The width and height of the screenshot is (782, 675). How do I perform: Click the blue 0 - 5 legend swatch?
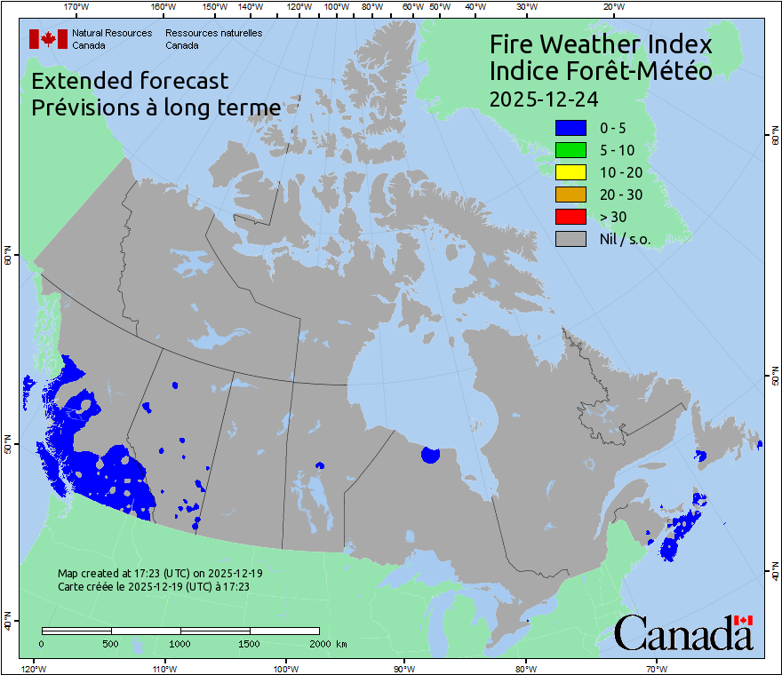coord(570,129)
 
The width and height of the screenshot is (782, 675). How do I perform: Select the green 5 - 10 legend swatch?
coord(570,150)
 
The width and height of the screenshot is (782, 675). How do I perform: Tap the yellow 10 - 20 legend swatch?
coord(570,172)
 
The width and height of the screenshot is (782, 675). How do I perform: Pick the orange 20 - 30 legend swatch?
coord(570,195)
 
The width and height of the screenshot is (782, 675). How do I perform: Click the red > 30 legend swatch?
coord(570,216)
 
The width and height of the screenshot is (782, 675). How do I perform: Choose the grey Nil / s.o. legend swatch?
coord(570,238)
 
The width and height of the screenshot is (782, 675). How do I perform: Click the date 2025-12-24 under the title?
coord(541,98)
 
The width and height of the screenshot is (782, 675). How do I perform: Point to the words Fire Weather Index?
coord(601,44)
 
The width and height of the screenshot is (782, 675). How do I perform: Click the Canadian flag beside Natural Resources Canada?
coord(48,38)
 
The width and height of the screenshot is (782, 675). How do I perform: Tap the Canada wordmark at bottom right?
coord(683,632)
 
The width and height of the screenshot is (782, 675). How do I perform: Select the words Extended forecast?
coord(130,81)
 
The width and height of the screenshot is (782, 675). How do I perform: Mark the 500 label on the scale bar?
coord(110,643)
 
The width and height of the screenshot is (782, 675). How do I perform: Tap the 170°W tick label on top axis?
coord(76,7)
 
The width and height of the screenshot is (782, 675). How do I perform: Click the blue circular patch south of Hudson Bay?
coord(431,455)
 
